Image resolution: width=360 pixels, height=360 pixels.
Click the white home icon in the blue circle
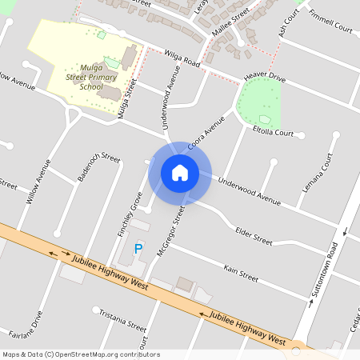(x=180, y=172)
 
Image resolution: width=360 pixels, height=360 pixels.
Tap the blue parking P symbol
(x=138, y=249)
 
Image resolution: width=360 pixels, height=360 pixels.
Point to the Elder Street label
(x=254, y=234)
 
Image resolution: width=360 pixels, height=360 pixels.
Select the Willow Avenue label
(x=38, y=182)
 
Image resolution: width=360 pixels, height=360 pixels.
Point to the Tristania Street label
(x=122, y=322)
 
